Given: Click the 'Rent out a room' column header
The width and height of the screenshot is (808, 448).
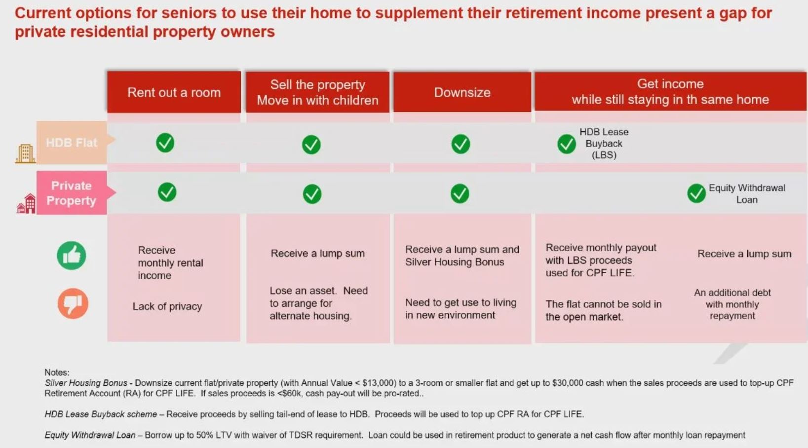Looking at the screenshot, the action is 174,92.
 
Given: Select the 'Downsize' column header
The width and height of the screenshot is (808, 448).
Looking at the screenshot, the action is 462,92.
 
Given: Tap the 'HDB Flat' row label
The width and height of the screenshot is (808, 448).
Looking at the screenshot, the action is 72,143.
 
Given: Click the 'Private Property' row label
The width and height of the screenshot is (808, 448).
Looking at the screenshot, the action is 72,192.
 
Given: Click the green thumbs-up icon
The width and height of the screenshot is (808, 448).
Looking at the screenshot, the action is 72,256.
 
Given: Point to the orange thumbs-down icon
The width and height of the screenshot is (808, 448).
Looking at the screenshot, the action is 73,303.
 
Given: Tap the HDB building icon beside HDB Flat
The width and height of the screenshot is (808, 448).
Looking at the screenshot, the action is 25,153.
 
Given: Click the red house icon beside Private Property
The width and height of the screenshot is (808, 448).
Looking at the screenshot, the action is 26,203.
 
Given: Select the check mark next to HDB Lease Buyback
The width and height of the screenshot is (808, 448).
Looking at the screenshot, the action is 567,144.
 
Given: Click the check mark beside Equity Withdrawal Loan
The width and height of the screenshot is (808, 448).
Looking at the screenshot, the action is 696,193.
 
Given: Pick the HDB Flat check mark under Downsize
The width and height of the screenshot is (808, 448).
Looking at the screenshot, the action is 461,144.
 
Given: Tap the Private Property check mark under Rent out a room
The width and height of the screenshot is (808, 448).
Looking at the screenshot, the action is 167,192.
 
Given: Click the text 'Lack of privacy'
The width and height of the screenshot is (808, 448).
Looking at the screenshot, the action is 167,306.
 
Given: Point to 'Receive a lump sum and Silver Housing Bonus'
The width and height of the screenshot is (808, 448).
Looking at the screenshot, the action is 462,256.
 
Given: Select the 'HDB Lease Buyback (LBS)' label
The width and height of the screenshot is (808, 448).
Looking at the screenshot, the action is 604,143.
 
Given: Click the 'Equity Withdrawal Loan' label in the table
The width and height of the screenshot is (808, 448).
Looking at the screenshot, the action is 747,194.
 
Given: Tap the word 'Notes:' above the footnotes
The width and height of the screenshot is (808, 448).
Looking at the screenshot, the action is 57,372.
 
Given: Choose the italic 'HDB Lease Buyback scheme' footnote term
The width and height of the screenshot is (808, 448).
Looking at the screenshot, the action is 101,414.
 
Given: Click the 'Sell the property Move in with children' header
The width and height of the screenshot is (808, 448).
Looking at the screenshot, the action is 317,92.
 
